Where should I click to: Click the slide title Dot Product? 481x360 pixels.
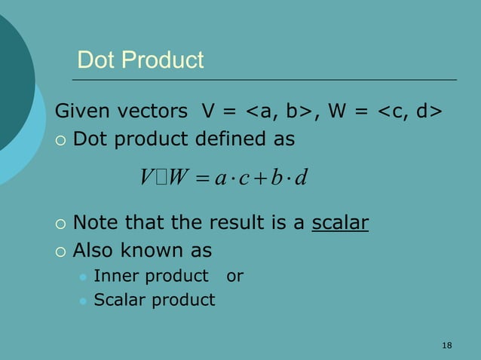tap(140, 60)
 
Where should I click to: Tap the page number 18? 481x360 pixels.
tap(446, 345)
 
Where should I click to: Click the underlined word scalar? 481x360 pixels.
tap(339, 224)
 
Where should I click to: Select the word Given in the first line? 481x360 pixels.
tap(83, 112)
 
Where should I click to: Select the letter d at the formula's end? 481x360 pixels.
tap(304, 178)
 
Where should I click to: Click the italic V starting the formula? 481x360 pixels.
tap(146, 178)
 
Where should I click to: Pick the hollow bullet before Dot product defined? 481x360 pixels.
tap(61, 140)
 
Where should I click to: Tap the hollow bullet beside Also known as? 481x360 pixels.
tap(61, 251)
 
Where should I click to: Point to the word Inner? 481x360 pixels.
tap(112, 276)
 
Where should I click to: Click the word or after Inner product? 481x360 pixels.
tap(234, 276)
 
